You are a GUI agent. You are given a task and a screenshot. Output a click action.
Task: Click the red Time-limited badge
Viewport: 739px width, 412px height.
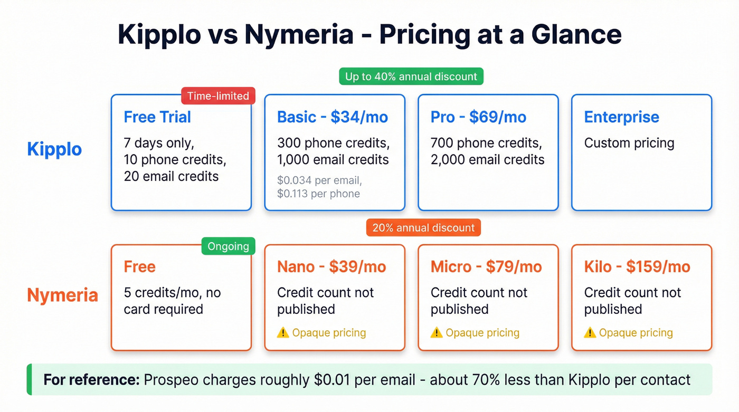(x=218, y=96)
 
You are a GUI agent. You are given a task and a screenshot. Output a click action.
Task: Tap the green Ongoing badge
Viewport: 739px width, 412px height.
(x=228, y=246)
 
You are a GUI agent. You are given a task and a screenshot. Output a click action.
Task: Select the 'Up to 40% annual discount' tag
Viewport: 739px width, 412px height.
(x=411, y=76)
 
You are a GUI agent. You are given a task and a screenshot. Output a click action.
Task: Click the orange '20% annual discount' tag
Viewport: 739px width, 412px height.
(x=423, y=228)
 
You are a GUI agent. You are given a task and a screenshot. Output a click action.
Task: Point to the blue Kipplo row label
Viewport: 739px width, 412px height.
(x=54, y=149)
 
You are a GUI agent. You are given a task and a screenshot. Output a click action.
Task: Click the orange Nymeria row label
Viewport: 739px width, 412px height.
(x=62, y=295)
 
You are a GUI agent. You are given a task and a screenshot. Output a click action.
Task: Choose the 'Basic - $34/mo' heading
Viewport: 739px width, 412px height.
(x=333, y=117)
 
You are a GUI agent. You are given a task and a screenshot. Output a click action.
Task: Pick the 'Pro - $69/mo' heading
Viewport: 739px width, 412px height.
(x=478, y=117)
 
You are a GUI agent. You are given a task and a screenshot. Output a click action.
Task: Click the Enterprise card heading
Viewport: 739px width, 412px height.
(x=621, y=117)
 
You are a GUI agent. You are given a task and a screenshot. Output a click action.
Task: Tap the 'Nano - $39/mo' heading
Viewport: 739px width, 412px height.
(x=331, y=267)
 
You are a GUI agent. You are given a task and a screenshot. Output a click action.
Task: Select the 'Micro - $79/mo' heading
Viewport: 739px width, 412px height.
(x=486, y=267)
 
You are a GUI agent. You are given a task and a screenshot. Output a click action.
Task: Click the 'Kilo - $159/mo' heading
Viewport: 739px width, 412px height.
(x=637, y=267)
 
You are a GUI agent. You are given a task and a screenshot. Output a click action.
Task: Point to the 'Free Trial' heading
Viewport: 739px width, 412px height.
(x=157, y=117)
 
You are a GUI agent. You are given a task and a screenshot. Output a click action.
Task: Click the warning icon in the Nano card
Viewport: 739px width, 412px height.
(x=283, y=332)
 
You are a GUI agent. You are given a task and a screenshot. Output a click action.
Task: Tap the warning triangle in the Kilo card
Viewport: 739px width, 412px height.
(x=590, y=332)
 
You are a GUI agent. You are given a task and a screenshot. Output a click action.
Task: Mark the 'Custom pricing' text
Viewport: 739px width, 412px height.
(x=629, y=143)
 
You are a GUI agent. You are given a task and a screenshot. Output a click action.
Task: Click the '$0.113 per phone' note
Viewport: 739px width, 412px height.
(x=318, y=194)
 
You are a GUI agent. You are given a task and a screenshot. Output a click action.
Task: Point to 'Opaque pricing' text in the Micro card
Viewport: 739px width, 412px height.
(x=482, y=333)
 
